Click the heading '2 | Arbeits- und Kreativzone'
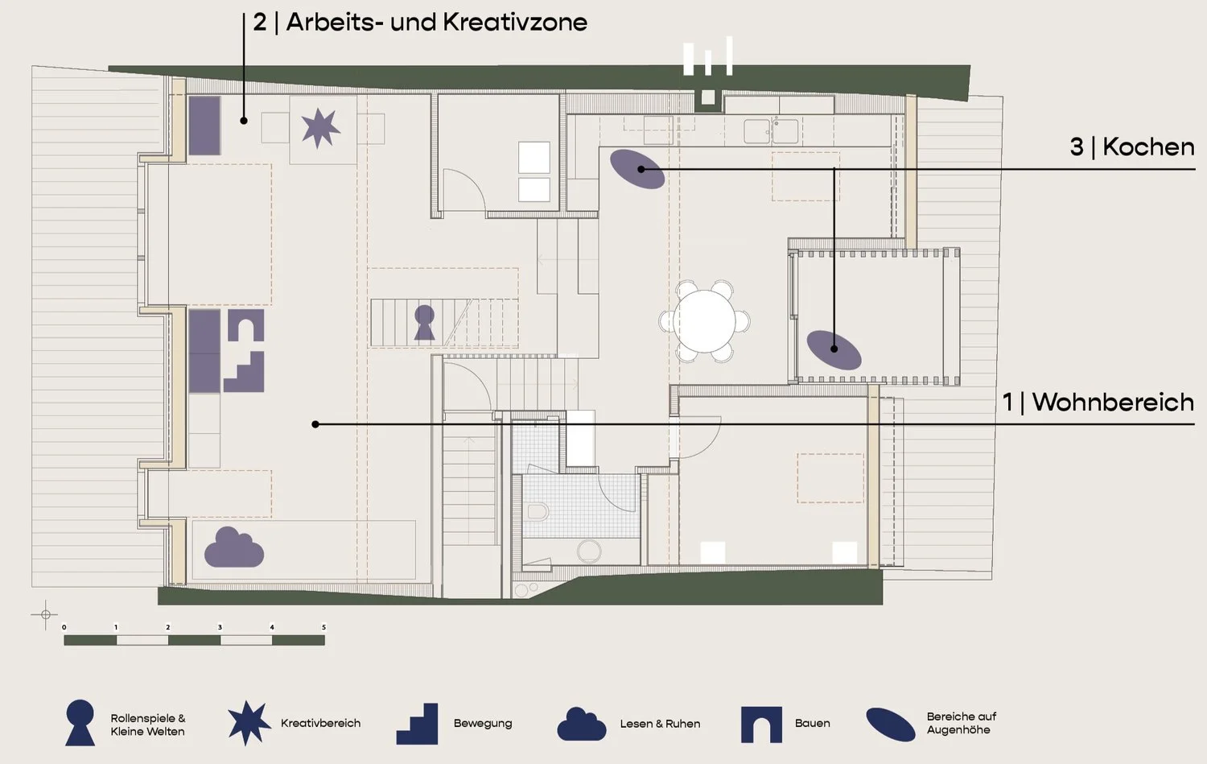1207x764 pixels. click(420, 22)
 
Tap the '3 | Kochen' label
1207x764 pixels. click(1131, 147)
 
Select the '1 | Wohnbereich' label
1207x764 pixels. click(1098, 402)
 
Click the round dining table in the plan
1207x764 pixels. click(705, 321)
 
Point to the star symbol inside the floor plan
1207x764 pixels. click(320, 128)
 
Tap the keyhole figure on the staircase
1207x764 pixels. click(424, 322)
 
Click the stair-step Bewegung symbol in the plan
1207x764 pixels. click(245, 372)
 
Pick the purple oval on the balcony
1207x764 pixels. click(834, 349)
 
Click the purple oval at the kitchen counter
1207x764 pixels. click(637, 168)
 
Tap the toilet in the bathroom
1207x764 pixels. click(538, 511)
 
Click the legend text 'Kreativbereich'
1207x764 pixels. click(320, 723)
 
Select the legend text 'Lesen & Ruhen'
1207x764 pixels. click(660, 724)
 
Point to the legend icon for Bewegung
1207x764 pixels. click(418, 724)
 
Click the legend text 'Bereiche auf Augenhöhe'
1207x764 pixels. click(961, 723)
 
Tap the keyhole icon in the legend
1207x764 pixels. click(80, 721)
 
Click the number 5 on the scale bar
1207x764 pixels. click(323, 627)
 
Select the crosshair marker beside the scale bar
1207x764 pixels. click(45, 614)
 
